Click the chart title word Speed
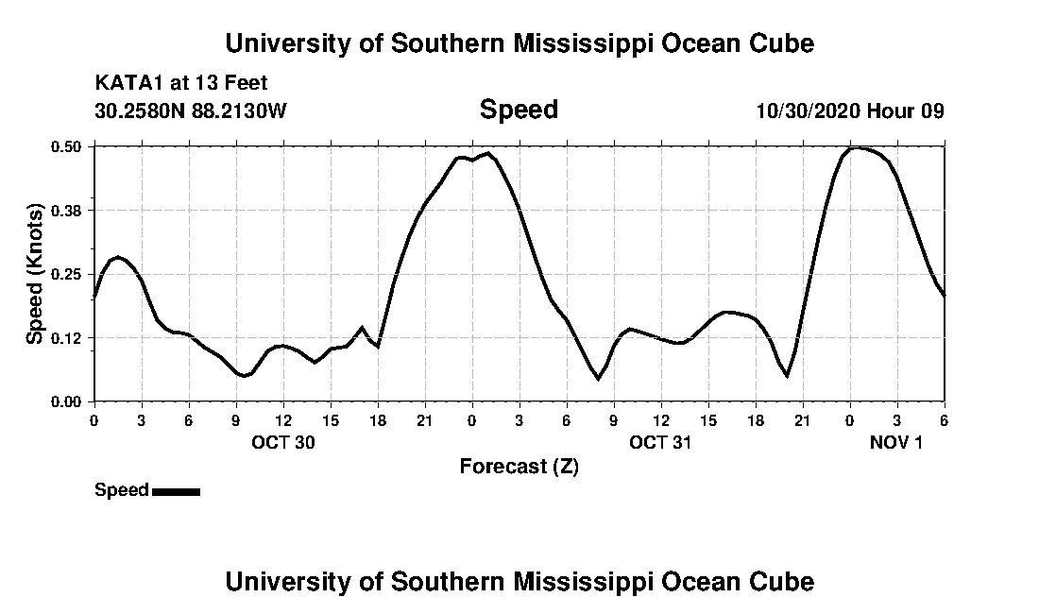[519, 110]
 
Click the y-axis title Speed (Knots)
[35, 273]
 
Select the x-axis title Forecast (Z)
[519, 466]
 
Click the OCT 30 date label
[283, 442]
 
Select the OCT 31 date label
[661, 442]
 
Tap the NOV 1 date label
[896, 442]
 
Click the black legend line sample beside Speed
[176, 491]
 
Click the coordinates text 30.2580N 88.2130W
[191, 111]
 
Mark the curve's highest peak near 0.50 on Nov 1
[856, 147]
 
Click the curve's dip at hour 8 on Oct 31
[598, 379]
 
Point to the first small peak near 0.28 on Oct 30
[117, 257]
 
